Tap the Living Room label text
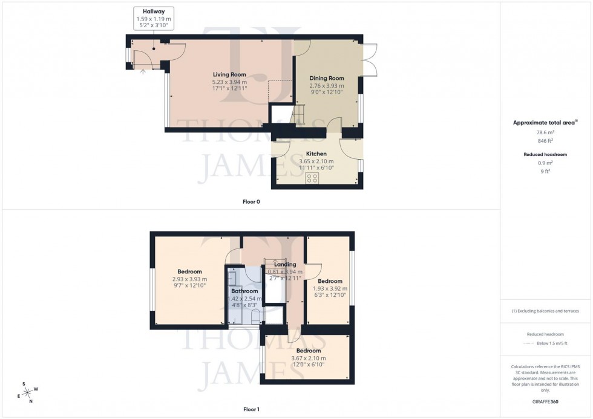click(x=229, y=74)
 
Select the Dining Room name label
click(x=327, y=78)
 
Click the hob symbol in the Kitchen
click(x=313, y=177)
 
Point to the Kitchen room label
click(x=316, y=154)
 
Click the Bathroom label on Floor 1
click(x=244, y=291)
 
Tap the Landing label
click(x=285, y=264)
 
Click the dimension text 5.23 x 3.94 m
click(x=229, y=82)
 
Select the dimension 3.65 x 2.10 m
click(x=316, y=161)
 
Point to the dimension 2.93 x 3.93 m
click(x=189, y=279)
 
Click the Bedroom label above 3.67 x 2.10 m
click(x=308, y=351)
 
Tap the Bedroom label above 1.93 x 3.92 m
click(x=330, y=281)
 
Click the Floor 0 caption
click(x=251, y=201)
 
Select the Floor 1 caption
click(x=251, y=409)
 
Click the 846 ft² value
click(x=546, y=140)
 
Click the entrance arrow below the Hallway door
click(x=143, y=70)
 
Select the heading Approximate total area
click(x=545, y=122)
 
